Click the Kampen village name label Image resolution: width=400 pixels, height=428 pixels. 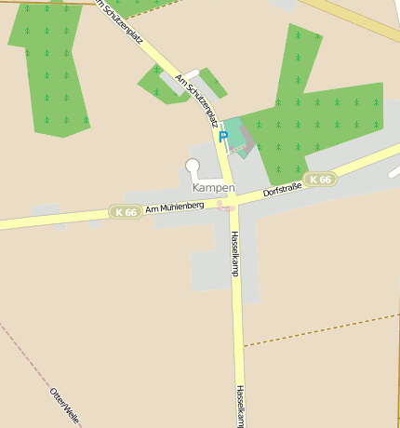click(x=213, y=188)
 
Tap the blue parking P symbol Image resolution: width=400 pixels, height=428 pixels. click(x=222, y=137)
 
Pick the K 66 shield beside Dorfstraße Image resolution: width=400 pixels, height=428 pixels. click(x=319, y=180)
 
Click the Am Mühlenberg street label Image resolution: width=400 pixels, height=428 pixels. click(x=174, y=207)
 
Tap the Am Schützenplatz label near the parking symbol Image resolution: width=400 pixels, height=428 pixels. click(x=196, y=103)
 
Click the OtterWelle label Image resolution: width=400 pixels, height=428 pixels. click(x=64, y=405)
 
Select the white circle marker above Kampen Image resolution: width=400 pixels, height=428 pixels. click(x=193, y=167)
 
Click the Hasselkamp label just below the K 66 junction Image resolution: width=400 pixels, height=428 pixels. click(x=234, y=253)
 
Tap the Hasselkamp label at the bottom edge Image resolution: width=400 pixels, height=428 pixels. click(x=240, y=407)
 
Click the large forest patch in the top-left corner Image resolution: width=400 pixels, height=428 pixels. click(x=48, y=65)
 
